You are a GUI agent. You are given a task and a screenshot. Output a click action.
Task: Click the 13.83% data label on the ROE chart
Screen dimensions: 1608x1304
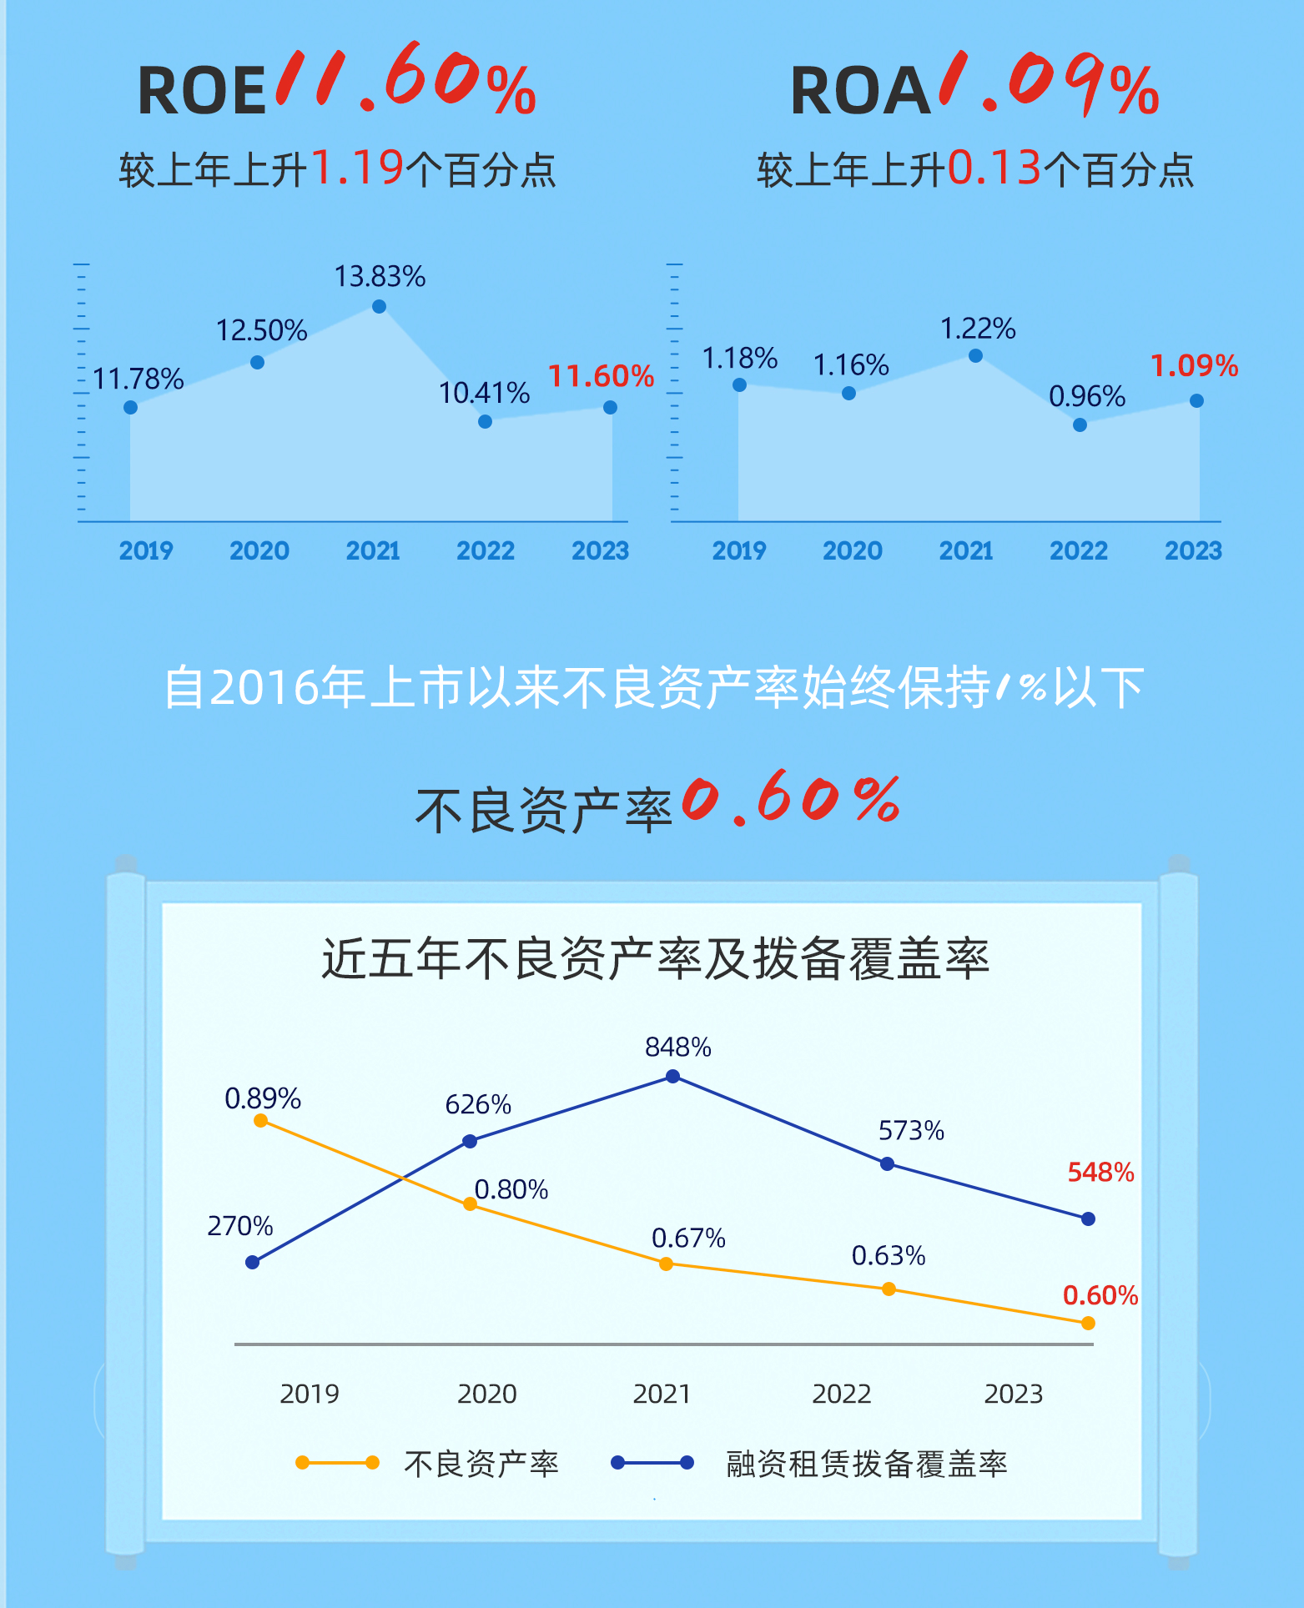tap(380, 276)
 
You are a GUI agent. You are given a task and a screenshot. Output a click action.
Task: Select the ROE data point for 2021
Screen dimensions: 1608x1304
tap(379, 307)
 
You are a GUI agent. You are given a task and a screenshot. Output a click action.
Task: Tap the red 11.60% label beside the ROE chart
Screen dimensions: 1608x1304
tap(601, 376)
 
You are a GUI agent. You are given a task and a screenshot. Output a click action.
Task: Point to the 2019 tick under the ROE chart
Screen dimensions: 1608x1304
tap(146, 550)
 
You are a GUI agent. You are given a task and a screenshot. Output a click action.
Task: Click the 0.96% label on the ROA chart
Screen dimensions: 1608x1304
tap(1087, 396)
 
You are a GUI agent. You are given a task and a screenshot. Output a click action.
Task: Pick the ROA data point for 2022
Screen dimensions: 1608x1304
tap(1080, 425)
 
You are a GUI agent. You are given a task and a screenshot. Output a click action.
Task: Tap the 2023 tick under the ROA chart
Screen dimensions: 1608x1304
tap(1193, 550)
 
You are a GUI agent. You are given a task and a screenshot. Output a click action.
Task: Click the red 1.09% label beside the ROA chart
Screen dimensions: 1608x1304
tap(1195, 365)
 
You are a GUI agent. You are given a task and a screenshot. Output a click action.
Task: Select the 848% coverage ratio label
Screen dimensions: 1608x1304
tap(677, 1047)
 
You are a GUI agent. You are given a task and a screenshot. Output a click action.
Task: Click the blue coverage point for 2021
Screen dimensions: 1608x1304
tap(672, 1077)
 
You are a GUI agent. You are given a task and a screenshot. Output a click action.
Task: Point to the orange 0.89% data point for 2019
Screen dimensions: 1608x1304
tap(260, 1121)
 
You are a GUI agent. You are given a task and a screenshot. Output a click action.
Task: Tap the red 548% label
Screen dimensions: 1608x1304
tap(1100, 1173)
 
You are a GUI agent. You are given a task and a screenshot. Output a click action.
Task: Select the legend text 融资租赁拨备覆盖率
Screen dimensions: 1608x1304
tap(867, 1464)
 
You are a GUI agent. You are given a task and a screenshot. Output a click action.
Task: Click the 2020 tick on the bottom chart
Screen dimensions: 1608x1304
tap(486, 1394)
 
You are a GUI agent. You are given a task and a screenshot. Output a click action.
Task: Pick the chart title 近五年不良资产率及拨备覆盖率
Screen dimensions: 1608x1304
tap(655, 958)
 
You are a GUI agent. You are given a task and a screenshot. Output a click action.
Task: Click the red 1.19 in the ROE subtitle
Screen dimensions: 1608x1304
tap(357, 168)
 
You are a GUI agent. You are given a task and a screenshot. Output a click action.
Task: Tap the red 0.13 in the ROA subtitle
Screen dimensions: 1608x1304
tap(994, 168)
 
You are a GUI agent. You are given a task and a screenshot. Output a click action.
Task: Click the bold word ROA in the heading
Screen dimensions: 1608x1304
tap(860, 91)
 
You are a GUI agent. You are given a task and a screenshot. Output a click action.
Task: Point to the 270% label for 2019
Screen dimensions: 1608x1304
tap(240, 1226)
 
